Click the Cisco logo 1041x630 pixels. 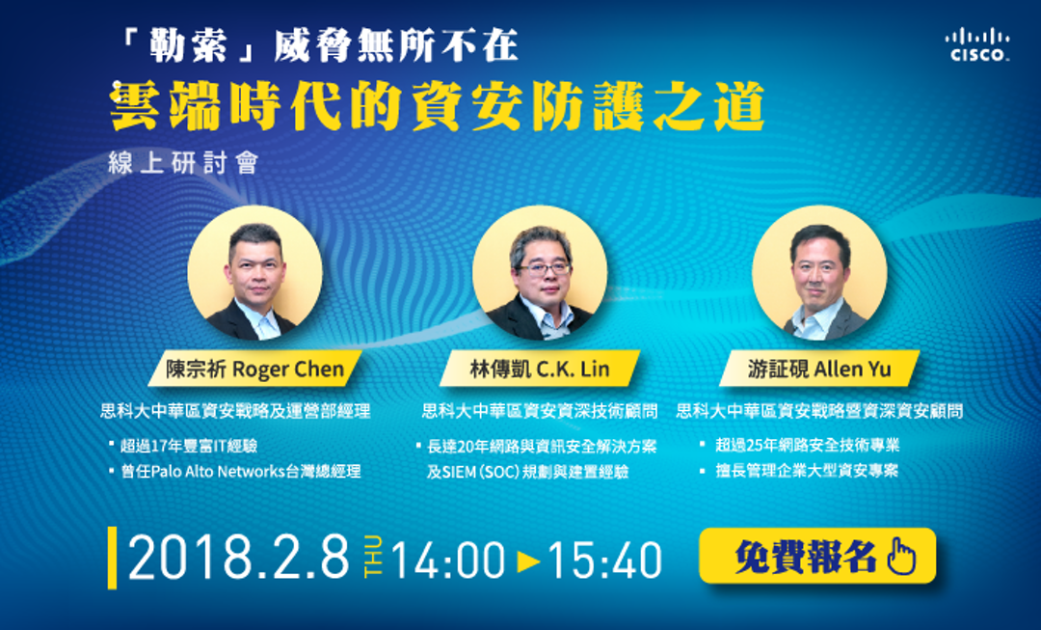pos(977,44)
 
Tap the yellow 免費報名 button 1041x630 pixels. pos(817,557)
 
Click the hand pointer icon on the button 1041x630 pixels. pos(901,557)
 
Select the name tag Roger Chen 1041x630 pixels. pos(254,369)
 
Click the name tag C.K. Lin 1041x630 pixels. pos(539,369)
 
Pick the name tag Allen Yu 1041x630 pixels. pos(819,369)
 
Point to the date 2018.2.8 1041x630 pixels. pos(238,557)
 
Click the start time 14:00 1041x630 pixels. pos(448,560)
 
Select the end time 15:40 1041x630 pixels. pos(604,560)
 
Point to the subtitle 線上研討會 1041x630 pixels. pos(182,163)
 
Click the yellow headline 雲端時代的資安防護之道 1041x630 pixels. pos(439,106)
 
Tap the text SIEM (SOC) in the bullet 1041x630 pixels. pos(479,472)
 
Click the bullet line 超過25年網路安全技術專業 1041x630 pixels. pos(808,445)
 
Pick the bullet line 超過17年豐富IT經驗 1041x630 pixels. pos(189,446)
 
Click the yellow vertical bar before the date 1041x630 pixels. pos(112,558)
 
